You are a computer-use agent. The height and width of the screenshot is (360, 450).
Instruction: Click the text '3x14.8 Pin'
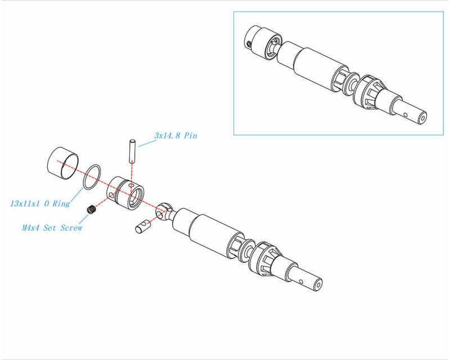click(175, 136)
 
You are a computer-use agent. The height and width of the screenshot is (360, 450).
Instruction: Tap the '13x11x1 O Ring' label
click(40, 203)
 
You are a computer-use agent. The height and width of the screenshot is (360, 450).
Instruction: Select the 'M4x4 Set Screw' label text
click(52, 228)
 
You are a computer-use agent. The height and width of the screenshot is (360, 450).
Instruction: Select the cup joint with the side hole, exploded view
click(125, 192)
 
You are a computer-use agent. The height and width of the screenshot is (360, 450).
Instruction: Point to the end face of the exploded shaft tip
click(317, 285)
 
